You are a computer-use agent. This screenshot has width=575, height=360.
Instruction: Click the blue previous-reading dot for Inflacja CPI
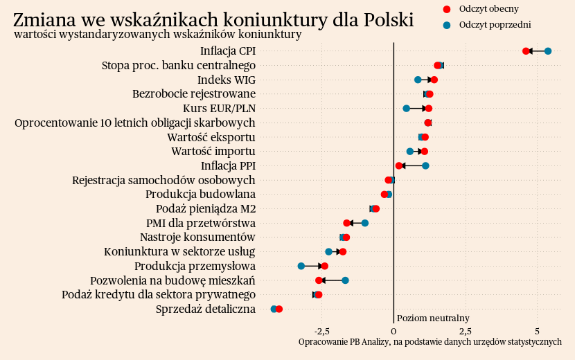coord(548,51)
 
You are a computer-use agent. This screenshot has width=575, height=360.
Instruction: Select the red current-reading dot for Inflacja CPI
coord(526,51)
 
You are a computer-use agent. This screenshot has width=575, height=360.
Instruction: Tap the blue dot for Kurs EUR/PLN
coord(406,108)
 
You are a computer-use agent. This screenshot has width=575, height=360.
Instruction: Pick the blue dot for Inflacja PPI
coord(425,165)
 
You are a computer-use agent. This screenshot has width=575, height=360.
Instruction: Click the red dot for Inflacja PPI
coord(398,165)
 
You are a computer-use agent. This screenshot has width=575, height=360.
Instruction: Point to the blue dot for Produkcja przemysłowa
coord(301,266)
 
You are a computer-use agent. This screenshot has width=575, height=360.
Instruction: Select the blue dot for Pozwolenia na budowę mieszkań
coord(345,280)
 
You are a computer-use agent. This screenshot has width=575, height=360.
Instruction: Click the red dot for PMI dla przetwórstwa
coord(346,223)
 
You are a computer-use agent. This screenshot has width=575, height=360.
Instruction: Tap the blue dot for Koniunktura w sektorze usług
coord(328,251)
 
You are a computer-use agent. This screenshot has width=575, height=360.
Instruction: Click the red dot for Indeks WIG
coord(434,80)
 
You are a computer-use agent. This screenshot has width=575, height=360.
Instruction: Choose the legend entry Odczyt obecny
coord(488,9)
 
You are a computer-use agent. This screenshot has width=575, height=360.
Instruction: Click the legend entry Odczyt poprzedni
coord(495,25)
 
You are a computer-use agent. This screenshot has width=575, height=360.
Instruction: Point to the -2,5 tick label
coord(321,331)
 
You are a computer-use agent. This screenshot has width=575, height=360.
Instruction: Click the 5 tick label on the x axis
coord(538,331)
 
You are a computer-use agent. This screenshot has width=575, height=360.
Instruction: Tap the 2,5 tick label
coord(466,331)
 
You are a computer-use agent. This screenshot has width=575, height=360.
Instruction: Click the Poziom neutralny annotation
coord(433,318)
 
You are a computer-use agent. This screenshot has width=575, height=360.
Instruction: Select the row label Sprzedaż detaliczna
coord(206,309)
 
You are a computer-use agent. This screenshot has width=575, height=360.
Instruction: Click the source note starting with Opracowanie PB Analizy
coord(430,342)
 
